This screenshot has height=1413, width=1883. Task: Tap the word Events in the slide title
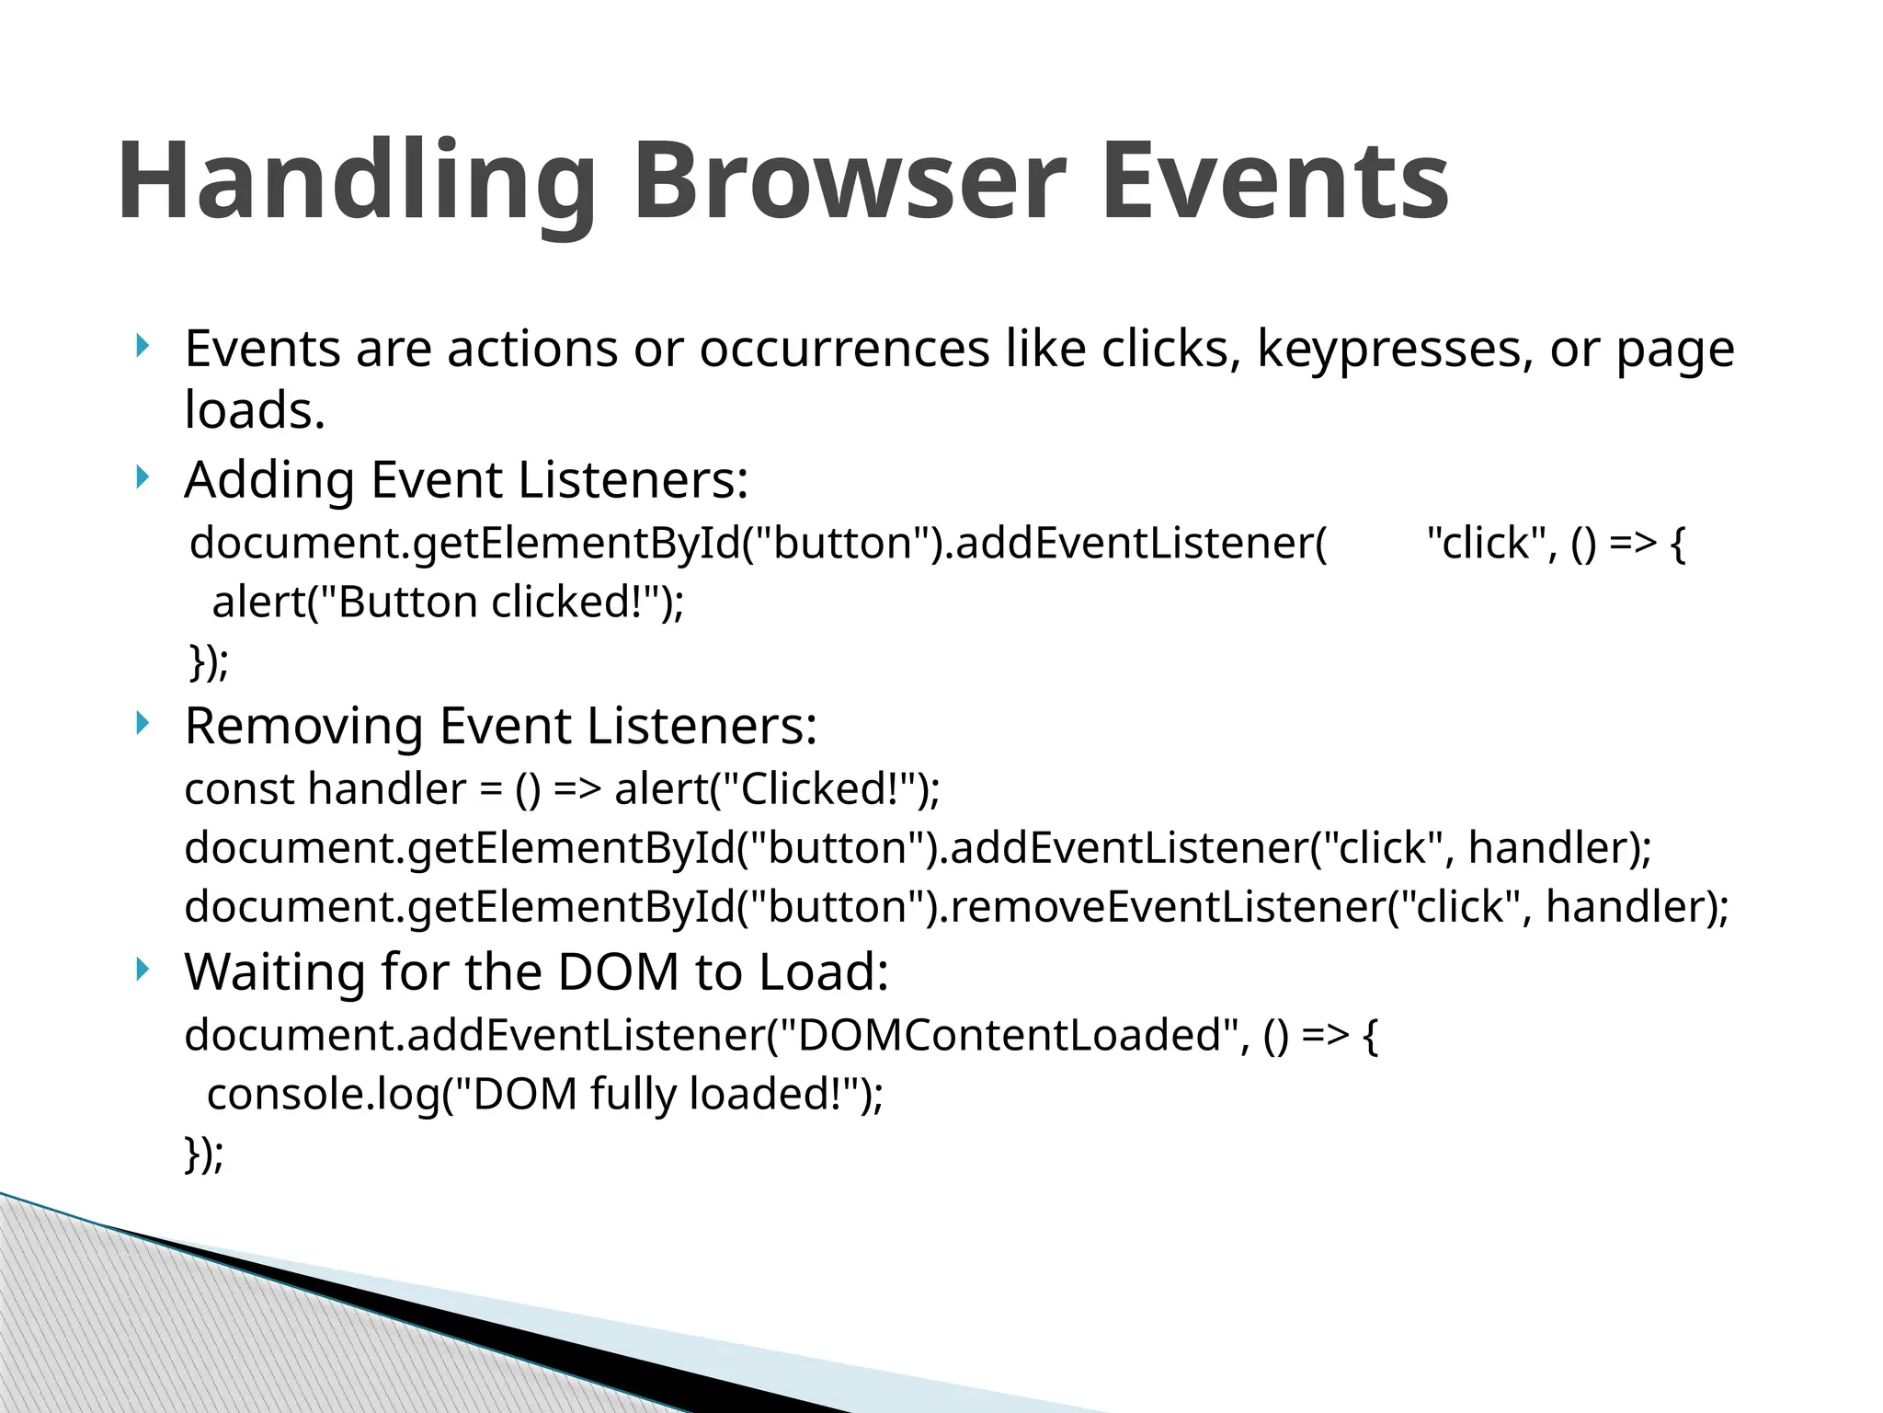[1273, 181]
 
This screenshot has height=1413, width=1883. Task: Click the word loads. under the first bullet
[255, 410]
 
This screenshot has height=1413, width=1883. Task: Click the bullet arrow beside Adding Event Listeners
[141, 477]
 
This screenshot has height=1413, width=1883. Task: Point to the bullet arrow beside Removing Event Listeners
[141, 723]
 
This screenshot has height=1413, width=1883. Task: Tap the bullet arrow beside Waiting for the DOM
[141, 970]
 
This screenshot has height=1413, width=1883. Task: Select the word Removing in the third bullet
[303, 726]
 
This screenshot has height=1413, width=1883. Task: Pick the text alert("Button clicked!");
[448, 603]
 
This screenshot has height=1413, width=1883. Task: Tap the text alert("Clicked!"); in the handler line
[777, 789]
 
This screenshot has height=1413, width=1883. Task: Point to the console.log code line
[544, 1095]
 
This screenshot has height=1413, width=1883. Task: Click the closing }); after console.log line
[204, 1154]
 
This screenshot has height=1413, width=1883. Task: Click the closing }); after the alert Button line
[209, 662]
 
